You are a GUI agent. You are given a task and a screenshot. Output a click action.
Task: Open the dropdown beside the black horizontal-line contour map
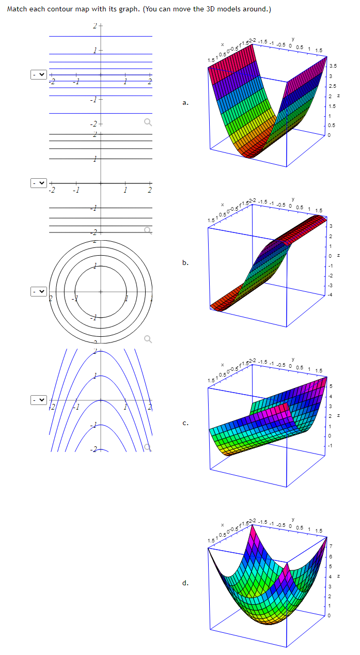tap(39, 183)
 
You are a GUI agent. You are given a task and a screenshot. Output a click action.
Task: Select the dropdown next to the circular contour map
tap(39, 291)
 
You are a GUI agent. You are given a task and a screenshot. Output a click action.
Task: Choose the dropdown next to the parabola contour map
tap(39, 399)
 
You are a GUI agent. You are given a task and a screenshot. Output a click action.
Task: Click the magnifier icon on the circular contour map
tap(148, 339)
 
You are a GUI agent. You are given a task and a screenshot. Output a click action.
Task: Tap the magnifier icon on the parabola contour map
tap(148, 447)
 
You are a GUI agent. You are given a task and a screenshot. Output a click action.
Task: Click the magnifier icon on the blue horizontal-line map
tap(148, 122)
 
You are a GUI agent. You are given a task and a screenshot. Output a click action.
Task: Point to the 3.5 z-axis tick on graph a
tap(333, 66)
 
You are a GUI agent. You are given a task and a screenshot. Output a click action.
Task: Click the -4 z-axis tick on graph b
tap(331, 294)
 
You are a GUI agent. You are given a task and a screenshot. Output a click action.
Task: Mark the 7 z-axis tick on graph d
tap(331, 546)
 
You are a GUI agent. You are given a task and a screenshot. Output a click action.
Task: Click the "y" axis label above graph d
tap(292, 517)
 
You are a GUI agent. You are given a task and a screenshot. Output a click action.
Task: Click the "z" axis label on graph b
tap(339, 255)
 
